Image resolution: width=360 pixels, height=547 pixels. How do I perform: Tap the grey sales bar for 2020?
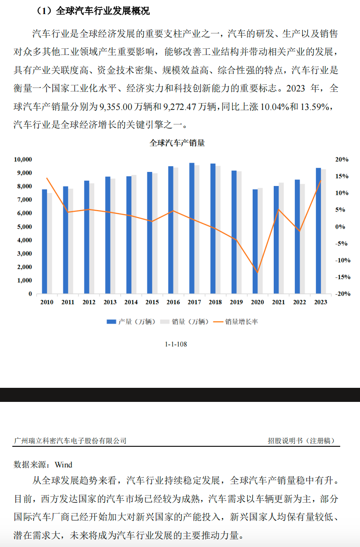tap(260, 241)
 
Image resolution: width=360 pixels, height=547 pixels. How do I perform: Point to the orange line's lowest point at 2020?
tap(257, 273)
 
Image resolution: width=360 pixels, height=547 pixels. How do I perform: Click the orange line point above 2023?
tap(320, 180)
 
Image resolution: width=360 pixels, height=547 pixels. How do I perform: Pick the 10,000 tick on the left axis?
tap(22, 159)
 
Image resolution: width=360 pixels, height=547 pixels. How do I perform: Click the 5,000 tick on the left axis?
tap(24, 226)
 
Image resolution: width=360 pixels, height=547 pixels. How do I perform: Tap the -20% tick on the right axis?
tap(343, 294)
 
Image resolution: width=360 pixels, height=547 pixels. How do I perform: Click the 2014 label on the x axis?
tap(131, 302)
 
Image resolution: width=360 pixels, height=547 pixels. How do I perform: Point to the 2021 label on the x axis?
tap(279, 302)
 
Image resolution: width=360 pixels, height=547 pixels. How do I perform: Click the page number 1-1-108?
tap(176, 344)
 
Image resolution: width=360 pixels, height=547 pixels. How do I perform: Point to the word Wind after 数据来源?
tap(63, 464)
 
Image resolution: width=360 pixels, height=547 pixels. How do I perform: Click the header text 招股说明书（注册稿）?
tap(304, 440)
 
